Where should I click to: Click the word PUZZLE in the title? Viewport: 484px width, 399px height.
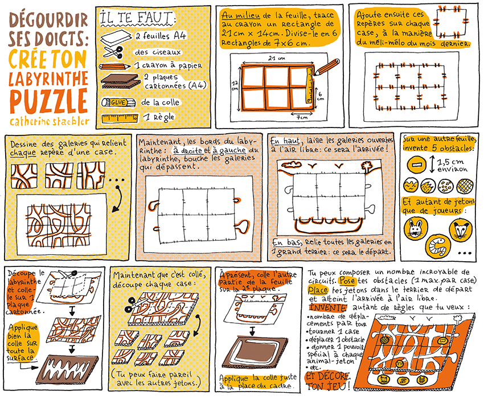(49, 101)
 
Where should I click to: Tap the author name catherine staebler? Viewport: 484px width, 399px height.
(50, 121)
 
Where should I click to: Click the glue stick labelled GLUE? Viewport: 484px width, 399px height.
(118, 102)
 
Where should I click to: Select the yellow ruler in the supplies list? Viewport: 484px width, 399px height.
(120, 118)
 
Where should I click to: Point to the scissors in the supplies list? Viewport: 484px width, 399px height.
(113, 52)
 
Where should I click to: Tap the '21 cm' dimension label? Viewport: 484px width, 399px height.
(277, 58)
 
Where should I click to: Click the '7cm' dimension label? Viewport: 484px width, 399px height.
(302, 117)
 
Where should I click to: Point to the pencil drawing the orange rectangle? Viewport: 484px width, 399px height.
(326, 67)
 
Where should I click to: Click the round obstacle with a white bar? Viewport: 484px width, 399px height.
(417, 164)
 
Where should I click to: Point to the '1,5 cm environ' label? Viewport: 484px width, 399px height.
(452, 165)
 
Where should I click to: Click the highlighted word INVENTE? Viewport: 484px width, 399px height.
(328, 308)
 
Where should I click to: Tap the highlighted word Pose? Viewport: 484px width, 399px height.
(347, 281)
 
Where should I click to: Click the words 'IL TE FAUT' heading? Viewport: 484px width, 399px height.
(137, 18)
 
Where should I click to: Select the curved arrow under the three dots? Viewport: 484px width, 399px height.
(117, 199)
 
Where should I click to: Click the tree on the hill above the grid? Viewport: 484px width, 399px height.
(366, 166)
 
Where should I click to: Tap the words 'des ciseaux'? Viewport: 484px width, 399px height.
(157, 52)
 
